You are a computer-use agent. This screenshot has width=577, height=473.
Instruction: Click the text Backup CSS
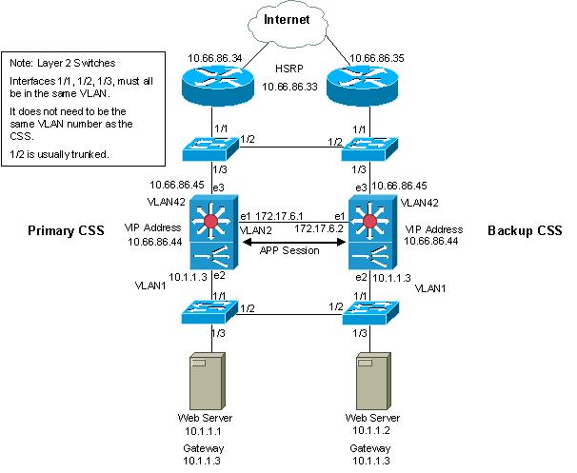tap(524, 230)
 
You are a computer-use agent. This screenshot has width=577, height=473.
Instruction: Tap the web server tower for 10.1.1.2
tap(370, 380)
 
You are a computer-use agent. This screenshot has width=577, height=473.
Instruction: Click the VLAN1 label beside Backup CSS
tap(431, 286)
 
